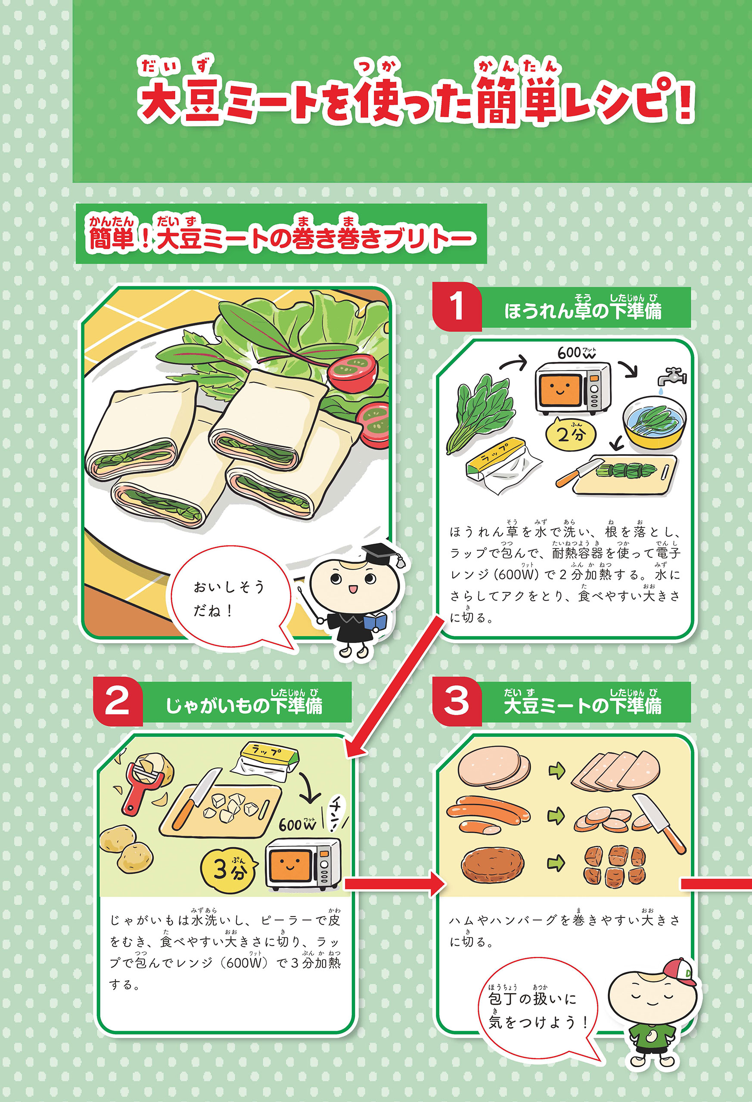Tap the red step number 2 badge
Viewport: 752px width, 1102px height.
(x=118, y=701)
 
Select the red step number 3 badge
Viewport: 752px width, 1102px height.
(x=457, y=701)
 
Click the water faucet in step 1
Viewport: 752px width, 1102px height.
(x=672, y=376)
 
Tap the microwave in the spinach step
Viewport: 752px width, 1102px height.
(x=573, y=387)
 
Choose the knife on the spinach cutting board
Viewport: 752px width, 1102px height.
(x=575, y=474)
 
